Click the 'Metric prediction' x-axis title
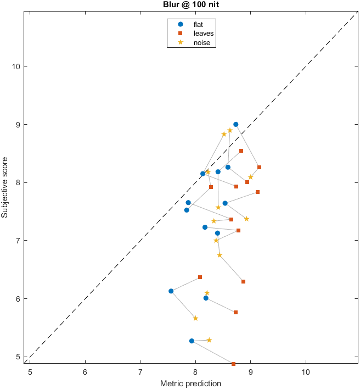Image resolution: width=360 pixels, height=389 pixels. click(x=191, y=383)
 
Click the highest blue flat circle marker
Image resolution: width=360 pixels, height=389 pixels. click(x=236, y=124)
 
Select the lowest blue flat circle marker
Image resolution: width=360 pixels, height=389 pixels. click(x=192, y=341)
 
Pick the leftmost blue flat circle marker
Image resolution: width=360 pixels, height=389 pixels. click(x=171, y=291)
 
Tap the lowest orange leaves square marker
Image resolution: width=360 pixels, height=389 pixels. click(x=233, y=364)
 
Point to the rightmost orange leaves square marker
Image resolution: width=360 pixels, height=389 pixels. click(x=260, y=167)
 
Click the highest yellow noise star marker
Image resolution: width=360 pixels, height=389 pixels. click(x=230, y=130)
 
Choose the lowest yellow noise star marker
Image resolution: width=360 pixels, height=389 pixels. click(x=209, y=340)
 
